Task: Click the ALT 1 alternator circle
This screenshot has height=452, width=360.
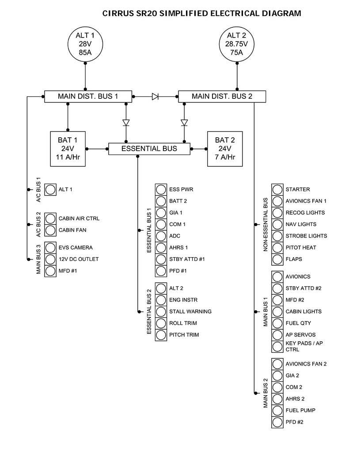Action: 85,44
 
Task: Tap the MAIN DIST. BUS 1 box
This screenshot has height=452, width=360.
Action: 88,96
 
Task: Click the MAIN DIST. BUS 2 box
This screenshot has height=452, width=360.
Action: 222,96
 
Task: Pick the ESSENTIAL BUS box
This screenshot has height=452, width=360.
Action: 149,149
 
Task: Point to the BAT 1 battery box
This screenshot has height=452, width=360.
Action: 68,149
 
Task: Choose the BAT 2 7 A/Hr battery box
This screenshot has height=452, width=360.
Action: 225,149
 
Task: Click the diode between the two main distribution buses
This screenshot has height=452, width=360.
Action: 155,96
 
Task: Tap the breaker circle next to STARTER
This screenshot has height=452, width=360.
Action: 277,189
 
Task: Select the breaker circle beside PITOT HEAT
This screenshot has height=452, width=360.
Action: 277,248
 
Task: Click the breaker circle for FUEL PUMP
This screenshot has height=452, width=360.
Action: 277,411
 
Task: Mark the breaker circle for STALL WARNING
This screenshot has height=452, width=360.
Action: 160,312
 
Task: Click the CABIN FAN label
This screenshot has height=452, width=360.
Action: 72,230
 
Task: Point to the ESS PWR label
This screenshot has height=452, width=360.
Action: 181,189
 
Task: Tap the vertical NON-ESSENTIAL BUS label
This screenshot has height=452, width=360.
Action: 265,225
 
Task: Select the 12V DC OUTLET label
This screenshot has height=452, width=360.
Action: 79,259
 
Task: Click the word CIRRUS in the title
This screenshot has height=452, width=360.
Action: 117,13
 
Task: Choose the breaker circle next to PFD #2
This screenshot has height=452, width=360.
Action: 277,422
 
